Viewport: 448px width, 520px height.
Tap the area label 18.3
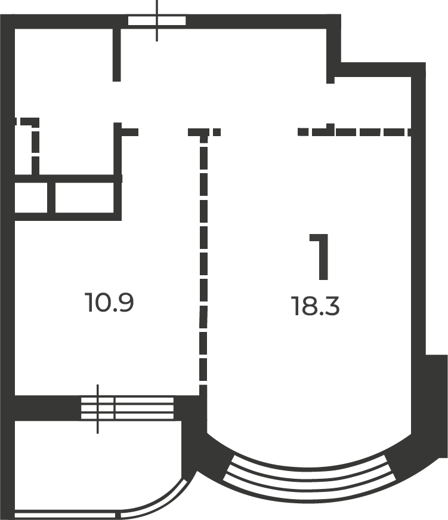click(316, 307)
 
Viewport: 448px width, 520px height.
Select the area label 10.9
click(109, 303)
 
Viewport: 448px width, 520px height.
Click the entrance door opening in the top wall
click(157, 21)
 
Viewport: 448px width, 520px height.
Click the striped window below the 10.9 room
click(127, 408)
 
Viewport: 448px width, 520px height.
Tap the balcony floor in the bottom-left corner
click(84, 466)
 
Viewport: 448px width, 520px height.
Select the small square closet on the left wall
click(31, 198)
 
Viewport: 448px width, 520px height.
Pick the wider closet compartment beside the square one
click(84, 198)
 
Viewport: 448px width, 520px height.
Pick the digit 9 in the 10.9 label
click(125, 303)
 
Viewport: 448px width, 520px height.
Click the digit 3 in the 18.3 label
click(332, 307)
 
